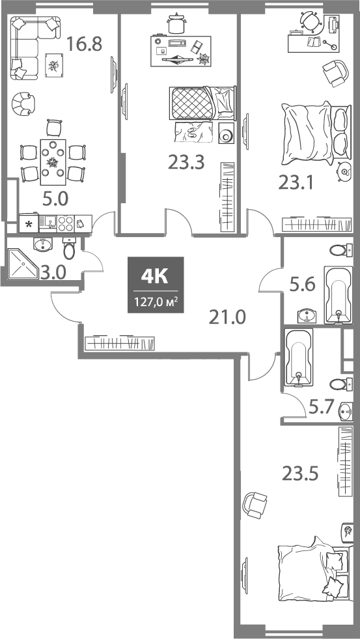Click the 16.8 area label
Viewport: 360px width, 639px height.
(x=85, y=45)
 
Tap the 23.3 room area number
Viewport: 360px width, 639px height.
(x=186, y=162)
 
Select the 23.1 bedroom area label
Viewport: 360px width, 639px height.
(x=297, y=183)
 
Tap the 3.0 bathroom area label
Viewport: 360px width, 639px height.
(x=53, y=272)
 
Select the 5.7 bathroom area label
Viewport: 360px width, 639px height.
(x=322, y=406)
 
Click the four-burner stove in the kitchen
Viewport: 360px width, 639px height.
(x=65, y=224)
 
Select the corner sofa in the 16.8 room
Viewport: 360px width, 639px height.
(x=33, y=46)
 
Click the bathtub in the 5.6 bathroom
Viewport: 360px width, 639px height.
(x=337, y=294)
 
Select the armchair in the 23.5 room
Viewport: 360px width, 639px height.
(x=255, y=504)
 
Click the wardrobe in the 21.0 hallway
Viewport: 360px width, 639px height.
(x=120, y=342)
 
